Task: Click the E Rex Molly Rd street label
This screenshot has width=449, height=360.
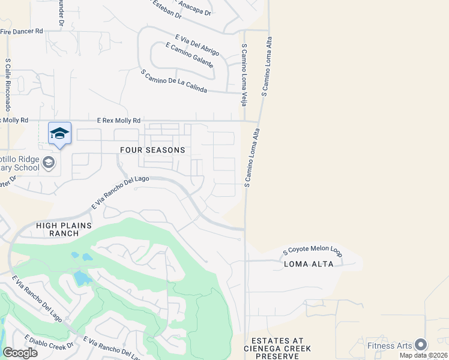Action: point(119,121)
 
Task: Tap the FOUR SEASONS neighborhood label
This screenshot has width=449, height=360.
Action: point(152,150)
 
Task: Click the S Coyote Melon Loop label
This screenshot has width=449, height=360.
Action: point(312,253)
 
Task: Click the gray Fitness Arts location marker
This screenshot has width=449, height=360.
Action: point(421,344)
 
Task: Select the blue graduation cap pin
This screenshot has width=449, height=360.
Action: point(59,133)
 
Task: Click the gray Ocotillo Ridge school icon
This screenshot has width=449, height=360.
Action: point(48,163)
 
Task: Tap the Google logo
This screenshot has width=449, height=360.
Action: point(20,352)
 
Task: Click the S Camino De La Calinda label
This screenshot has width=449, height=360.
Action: point(173,81)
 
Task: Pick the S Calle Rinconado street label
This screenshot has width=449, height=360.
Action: point(8,85)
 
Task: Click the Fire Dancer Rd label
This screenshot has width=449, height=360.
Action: point(22,31)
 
